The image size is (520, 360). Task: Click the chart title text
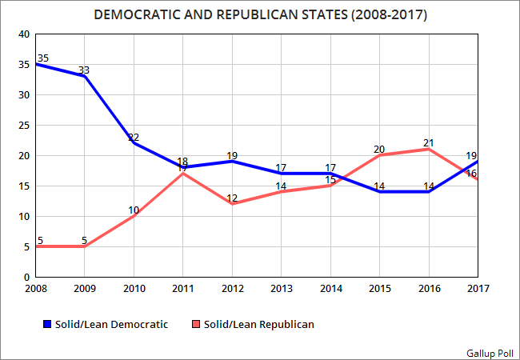pyautogui.click(x=259, y=14)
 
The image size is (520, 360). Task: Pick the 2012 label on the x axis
pyautogui.click(x=231, y=288)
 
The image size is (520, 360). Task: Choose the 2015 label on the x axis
pyautogui.click(x=379, y=288)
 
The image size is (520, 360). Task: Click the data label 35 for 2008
pyautogui.click(x=42, y=58)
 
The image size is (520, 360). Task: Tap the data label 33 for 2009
pyautogui.click(x=84, y=70)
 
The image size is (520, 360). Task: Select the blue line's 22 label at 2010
pyautogui.click(x=134, y=137)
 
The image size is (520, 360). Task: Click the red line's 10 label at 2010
pyautogui.click(x=134, y=210)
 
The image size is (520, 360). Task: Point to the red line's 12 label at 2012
pyautogui.click(x=232, y=198)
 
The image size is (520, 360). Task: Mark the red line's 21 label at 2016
pyautogui.click(x=429, y=142)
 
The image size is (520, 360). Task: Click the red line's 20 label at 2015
pyautogui.click(x=379, y=149)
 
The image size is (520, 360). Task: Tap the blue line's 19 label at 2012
pyautogui.click(x=232, y=155)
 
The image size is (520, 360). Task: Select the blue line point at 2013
pyautogui.click(x=281, y=174)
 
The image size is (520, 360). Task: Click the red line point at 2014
pyautogui.click(x=330, y=186)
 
